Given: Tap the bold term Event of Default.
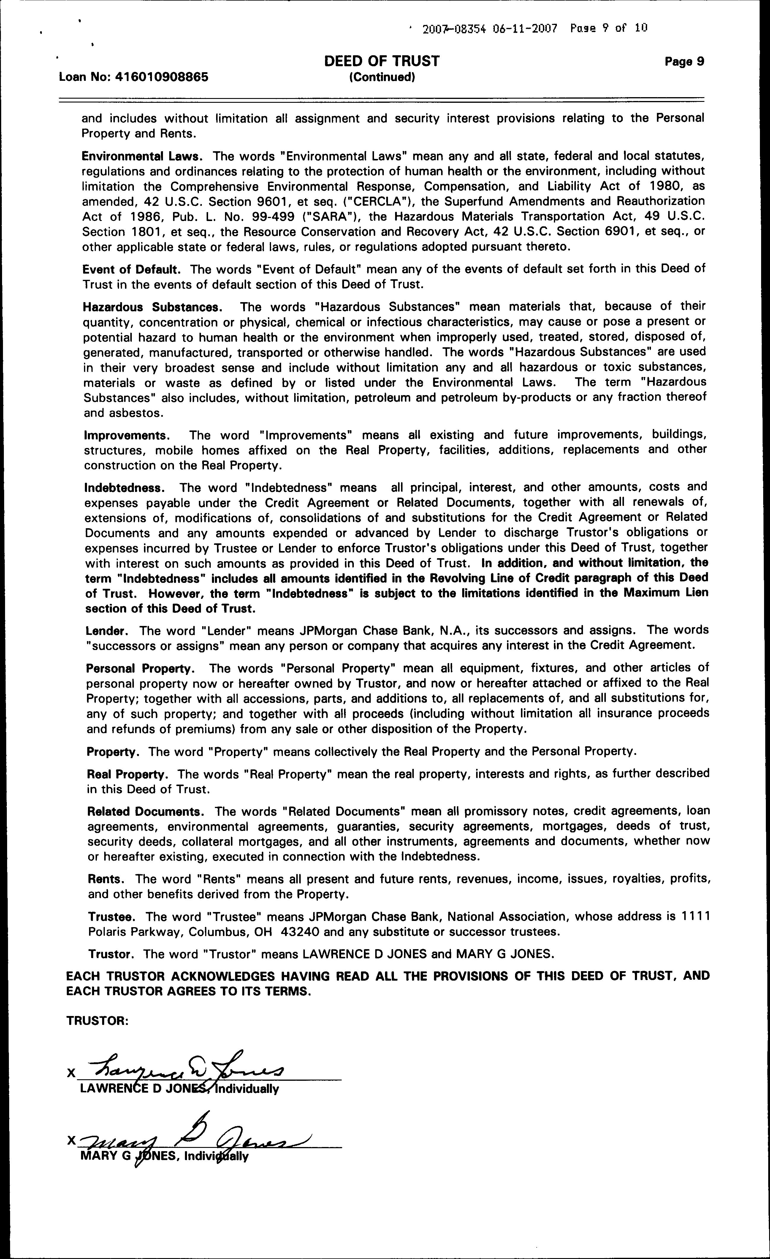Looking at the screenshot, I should coord(131,269).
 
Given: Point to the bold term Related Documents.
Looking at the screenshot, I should coord(146,811).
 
